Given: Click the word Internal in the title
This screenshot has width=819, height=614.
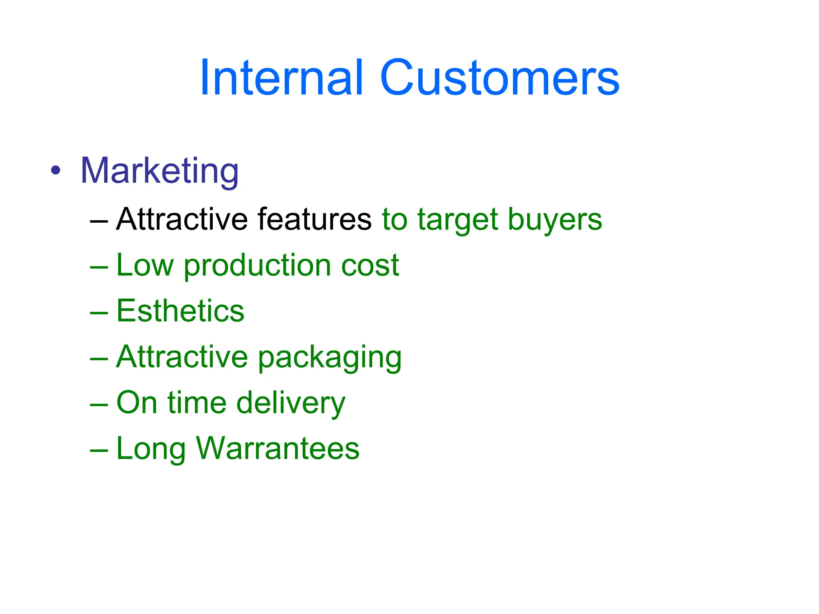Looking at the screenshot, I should point(282,78).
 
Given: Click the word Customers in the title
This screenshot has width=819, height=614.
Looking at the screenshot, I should point(499,78).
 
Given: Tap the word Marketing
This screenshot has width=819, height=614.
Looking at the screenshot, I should point(159,171).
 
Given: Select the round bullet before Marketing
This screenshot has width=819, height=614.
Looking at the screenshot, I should point(56,171).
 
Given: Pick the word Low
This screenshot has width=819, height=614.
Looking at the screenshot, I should point(145,265).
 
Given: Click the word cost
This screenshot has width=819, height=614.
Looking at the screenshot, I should point(370,266).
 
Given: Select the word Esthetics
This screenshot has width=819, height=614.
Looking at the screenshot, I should point(180,311).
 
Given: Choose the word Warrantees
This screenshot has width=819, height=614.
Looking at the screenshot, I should point(278,449).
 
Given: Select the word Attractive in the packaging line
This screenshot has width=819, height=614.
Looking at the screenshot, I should point(182,357).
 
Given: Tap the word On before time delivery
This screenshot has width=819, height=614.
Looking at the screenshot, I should point(136,403).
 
